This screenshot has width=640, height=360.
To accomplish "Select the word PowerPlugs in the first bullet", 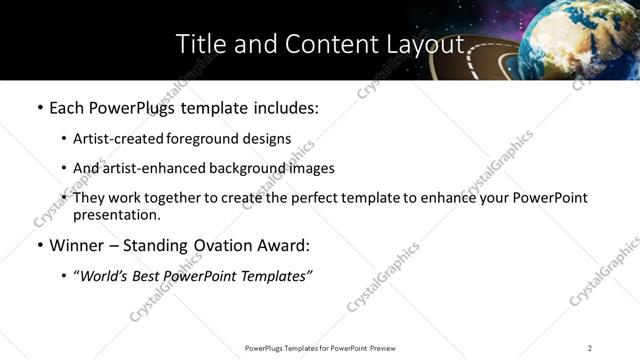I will coord(133,108).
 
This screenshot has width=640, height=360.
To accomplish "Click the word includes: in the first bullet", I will coord(283,108).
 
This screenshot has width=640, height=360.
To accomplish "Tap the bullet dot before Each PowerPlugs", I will coord(39,108).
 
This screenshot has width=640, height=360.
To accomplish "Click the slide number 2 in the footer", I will coord(590,348).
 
